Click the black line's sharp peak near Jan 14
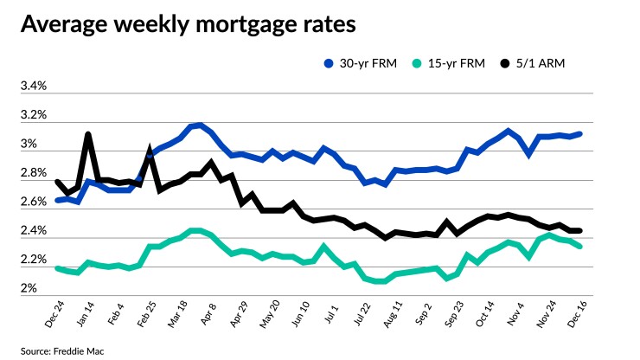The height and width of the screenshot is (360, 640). point(88,135)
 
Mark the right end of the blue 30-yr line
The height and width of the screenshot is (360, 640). point(579,134)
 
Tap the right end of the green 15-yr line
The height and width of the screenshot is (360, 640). point(579,247)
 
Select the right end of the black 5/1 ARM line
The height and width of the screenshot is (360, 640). point(579,231)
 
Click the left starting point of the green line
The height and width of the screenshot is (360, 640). point(57,268)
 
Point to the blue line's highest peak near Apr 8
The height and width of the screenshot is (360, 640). point(200,125)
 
